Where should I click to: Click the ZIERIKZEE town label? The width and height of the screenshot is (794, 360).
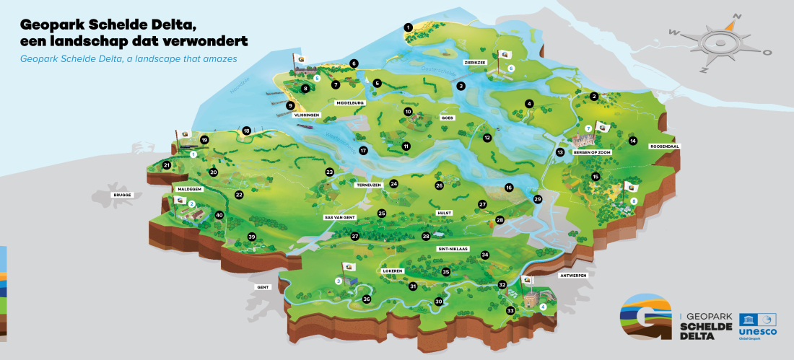pyautogui.click(x=475, y=62)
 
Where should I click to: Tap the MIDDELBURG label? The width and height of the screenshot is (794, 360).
pyautogui.click(x=351, y=103)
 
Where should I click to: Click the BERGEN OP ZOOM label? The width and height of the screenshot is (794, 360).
pyautogui.click(x=592, y=153)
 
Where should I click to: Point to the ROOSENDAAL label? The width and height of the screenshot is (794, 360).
pyautogui.click(x=665, y=146)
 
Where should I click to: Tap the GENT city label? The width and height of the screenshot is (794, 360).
pyautogui.click(x=263, y=286)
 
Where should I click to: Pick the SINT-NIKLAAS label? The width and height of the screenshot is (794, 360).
pyautogui.click(x=453, y=248)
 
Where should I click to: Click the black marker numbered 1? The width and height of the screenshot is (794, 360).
pyautogui.click(x=408, y=27)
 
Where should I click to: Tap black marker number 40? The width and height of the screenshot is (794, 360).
pyautogui.click(x=219, y=215)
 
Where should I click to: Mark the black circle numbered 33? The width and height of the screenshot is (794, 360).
pyautogui.click(x=510, y=311)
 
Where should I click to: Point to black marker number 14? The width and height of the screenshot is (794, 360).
pyautogui.click(x=633, y=141)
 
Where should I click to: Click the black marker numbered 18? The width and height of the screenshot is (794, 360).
pyautogui.click(x=247, y=131)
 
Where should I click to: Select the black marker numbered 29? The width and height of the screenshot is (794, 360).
pyautogui.click(x=537, y=199)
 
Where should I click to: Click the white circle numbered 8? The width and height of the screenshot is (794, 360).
pyautogui.click(x=634, y=201)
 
